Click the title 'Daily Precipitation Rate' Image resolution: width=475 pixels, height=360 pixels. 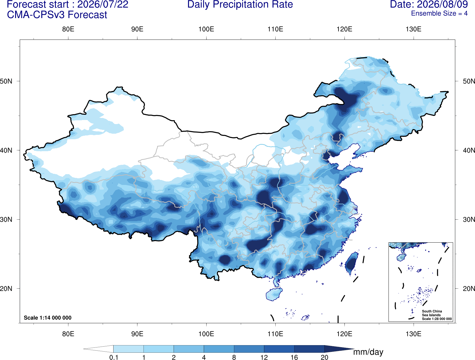pos(240,4)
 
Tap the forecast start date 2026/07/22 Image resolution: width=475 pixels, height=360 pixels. pos(103,4)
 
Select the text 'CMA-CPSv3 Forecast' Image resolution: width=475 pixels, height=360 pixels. pos(57,15)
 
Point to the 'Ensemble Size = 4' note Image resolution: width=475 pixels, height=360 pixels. pos(439,13)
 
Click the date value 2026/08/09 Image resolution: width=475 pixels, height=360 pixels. pos(442,4)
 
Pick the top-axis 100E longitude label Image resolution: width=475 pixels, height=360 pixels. pos(206,29)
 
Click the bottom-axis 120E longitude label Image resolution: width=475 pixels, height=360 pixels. pos(344,333)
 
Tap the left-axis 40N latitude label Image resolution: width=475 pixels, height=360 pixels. pos(6,150)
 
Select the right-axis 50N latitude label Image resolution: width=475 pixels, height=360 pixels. pos(469,81)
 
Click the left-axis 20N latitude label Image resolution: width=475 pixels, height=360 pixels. pos(6,289)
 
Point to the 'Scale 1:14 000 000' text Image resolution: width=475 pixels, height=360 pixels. pos(48,317)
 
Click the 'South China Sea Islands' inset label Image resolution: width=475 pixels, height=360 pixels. pos(432,313)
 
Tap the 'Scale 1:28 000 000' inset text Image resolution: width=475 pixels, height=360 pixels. pos(437,319)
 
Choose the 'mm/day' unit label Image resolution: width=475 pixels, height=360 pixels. pos(368,352)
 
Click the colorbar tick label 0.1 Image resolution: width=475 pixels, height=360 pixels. pos(114,357)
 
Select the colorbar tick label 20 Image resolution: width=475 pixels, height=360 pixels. pos(325,357)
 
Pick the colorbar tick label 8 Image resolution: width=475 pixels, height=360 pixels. pos(234,357)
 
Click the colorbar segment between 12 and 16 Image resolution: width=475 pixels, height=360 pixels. pos(279,349)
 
